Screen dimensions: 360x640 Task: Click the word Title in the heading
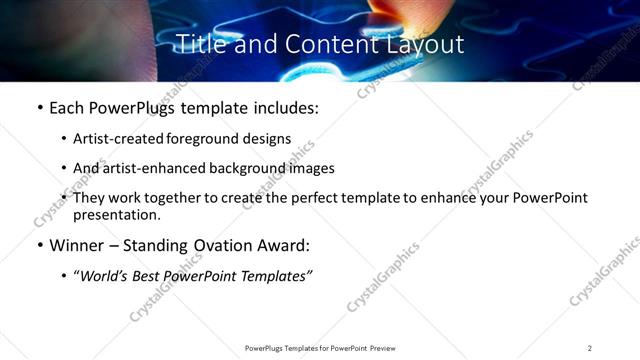(198, 44)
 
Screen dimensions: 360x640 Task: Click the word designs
(268, 139)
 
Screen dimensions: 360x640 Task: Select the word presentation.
(116, 214)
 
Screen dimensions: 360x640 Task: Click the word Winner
(76, 245)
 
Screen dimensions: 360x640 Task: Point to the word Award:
(283, 245)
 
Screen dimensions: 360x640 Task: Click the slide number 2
(589, 347)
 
